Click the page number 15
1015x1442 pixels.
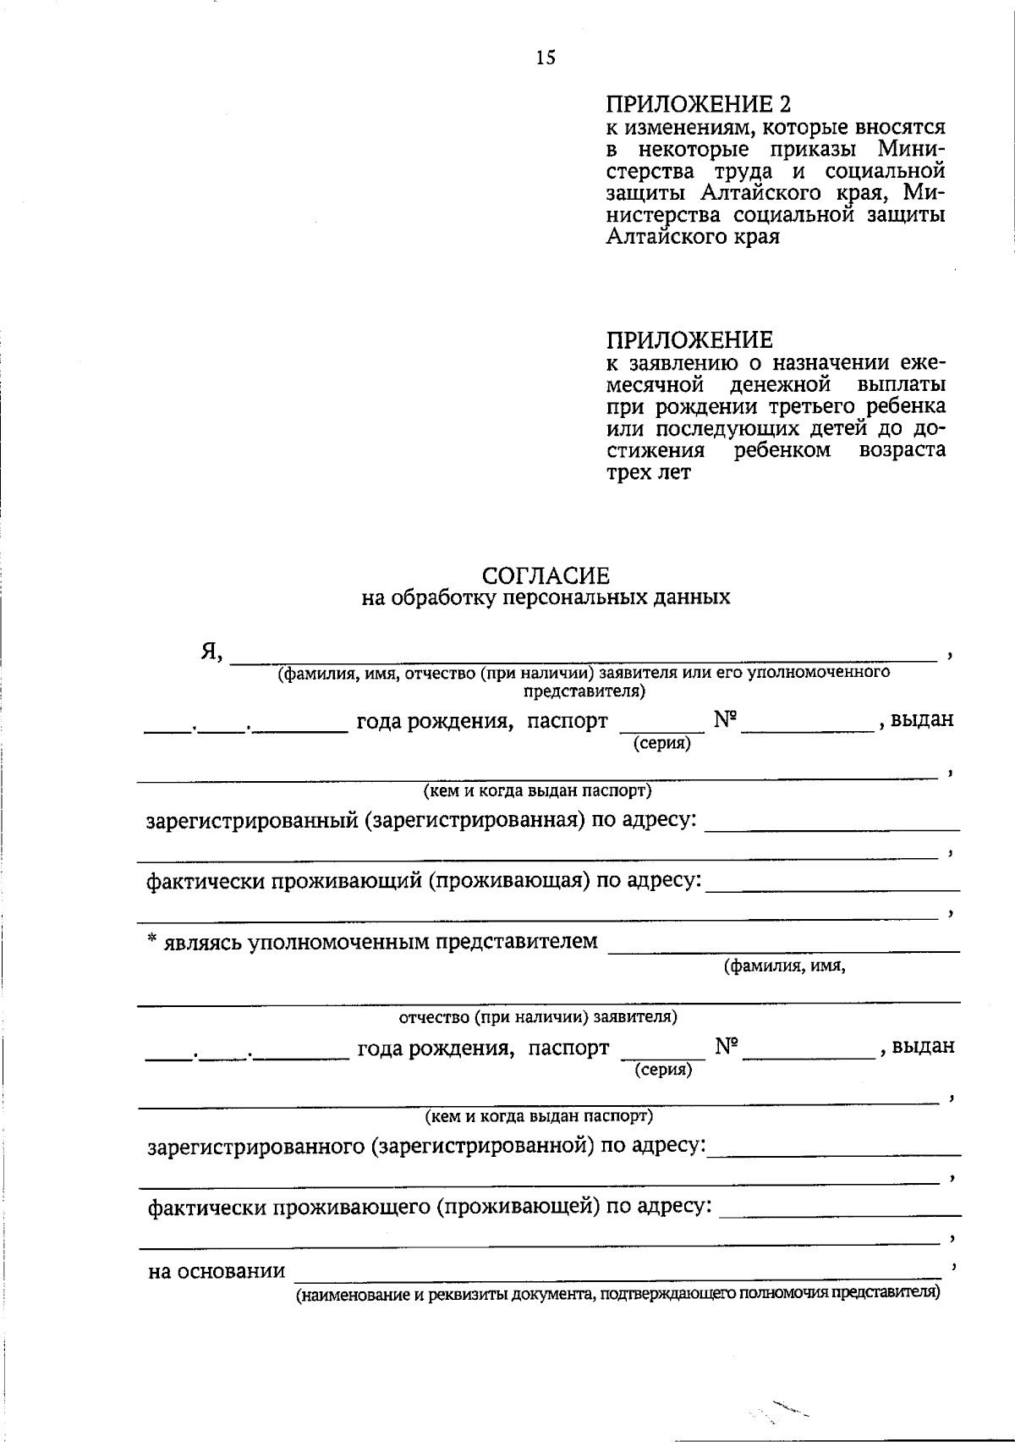(x=546, y=58)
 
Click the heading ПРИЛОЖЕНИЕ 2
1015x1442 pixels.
(x=700, y=105)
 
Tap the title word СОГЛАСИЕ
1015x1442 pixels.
(x=546, y=576)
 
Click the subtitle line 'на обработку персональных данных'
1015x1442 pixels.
(x=546, y=598)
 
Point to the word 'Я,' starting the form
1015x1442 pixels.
(x=211, y=651)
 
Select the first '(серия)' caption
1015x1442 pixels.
(x=661, y=744)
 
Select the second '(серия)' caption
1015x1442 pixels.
(x=663, y=1070)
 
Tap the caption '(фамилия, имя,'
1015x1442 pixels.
(x=784, y=966)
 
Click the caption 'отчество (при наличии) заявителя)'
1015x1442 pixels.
(x=538, y=1016)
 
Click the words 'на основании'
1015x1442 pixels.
(x=217, y=1271)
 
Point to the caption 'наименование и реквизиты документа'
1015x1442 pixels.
(x=617, y=1294)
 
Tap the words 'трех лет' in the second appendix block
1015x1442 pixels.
(x=648, y=472)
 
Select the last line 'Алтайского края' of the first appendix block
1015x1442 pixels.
(x=693, y=237)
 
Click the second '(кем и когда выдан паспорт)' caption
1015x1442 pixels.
(x=539, y=1116)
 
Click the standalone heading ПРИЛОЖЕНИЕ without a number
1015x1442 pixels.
(x=689, y=341)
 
